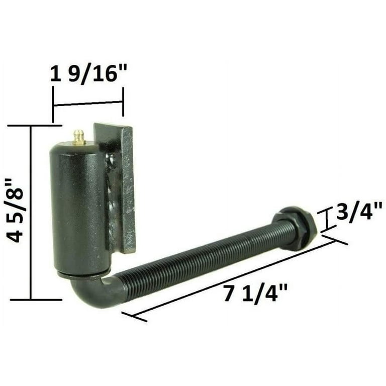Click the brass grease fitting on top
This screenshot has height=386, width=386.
click(x=79, y=137)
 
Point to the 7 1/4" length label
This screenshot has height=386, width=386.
click(x=255, y=293)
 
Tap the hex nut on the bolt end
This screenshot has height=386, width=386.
click(x=296, y=228)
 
